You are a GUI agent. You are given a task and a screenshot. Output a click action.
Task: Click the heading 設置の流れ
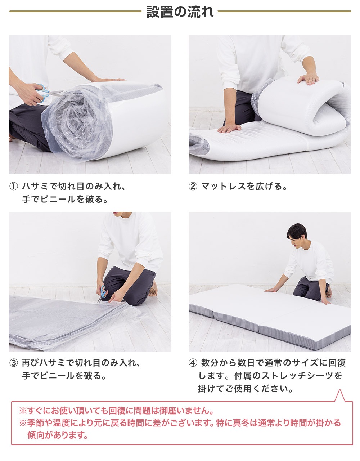click(x=180, y=12)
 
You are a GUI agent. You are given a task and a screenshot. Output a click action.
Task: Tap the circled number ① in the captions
click(x=14, y=187)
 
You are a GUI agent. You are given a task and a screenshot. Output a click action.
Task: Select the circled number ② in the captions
click(x=193, y=187)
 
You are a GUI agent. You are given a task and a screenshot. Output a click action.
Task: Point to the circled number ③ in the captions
click(x=14, y=363)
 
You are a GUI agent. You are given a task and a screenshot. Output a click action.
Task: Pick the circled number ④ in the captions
click(x=193, y=363)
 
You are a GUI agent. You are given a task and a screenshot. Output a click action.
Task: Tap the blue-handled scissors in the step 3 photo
click(x=102, y=294)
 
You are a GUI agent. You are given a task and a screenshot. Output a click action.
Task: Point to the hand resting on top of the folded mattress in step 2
click(x=308, y=79)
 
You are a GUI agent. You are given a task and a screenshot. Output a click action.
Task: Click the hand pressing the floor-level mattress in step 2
click(x=229, y=128)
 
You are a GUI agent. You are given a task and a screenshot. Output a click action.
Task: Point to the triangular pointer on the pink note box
click(x=339, y=396)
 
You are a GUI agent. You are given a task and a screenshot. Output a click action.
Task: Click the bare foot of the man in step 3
click(x=153, y=289)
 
